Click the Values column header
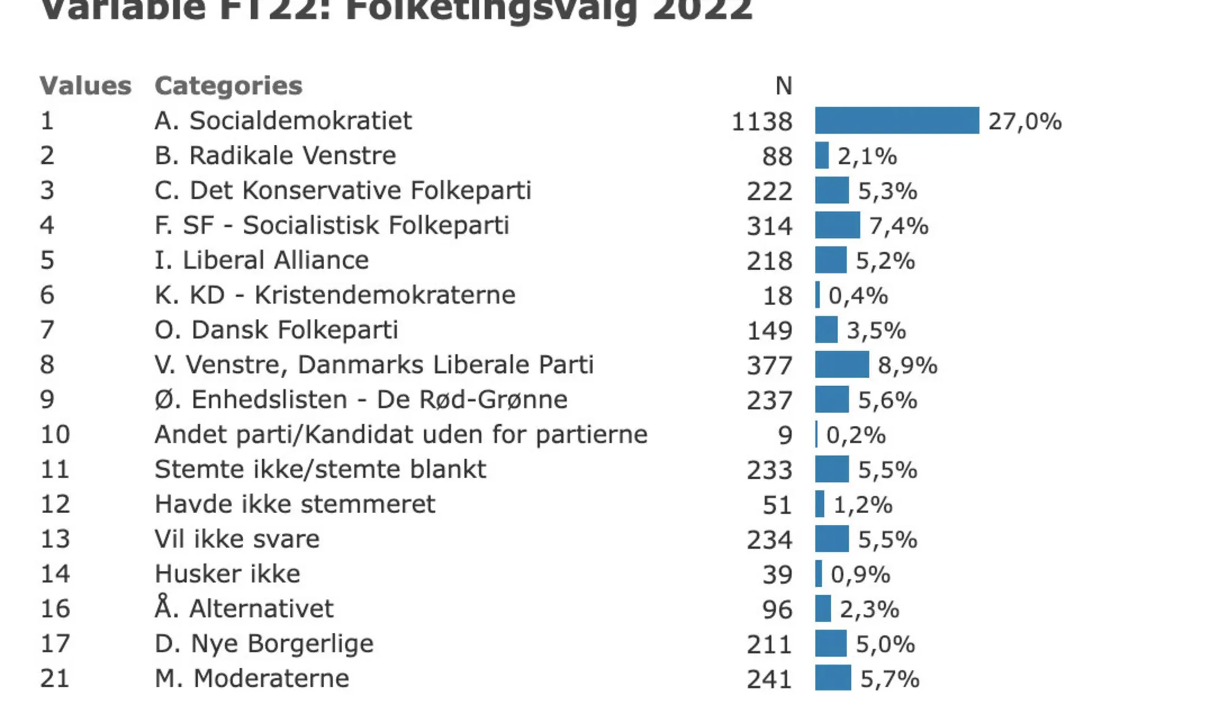[x=85, y=86]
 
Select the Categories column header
[x=228, y=86]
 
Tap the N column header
[x=783, y=86]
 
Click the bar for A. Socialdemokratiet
[x=897, y=120]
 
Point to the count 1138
[x=762, y=122]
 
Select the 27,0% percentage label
[x=1025, y=122]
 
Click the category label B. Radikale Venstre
[x=275, y=156]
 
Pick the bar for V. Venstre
[x=842, y=365]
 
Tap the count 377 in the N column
[x=769, y=366]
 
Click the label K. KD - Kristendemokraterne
[x=335, y=295]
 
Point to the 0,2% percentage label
[x=856, y=435]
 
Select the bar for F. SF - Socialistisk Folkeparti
[x=837, y=225]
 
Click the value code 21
[x=55, y=679]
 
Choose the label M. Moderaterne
[x=252, y=679]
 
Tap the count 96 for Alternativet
[x=777, y=609]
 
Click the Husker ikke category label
[x=227, y=574]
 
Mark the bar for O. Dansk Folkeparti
[x=826, y=330]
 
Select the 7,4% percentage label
[x=898, y=226]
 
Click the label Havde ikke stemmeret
[x=295, y=504]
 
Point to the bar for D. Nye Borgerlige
[x=831, y=644]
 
